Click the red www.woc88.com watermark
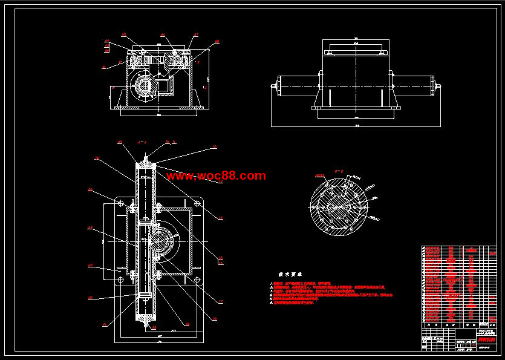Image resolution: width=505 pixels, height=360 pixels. [216, 176]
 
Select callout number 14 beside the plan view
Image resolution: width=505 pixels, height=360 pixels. [220, 218]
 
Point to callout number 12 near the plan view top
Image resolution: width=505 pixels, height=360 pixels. [214, 147]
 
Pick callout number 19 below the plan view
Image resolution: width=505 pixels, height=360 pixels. [186, 324]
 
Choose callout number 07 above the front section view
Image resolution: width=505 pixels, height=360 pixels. [196, 34]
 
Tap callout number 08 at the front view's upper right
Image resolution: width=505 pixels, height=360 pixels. [217, 42]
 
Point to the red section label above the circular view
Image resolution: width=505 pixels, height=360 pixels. [319, 176]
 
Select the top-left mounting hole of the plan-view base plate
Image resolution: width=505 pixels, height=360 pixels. [120, 201]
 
